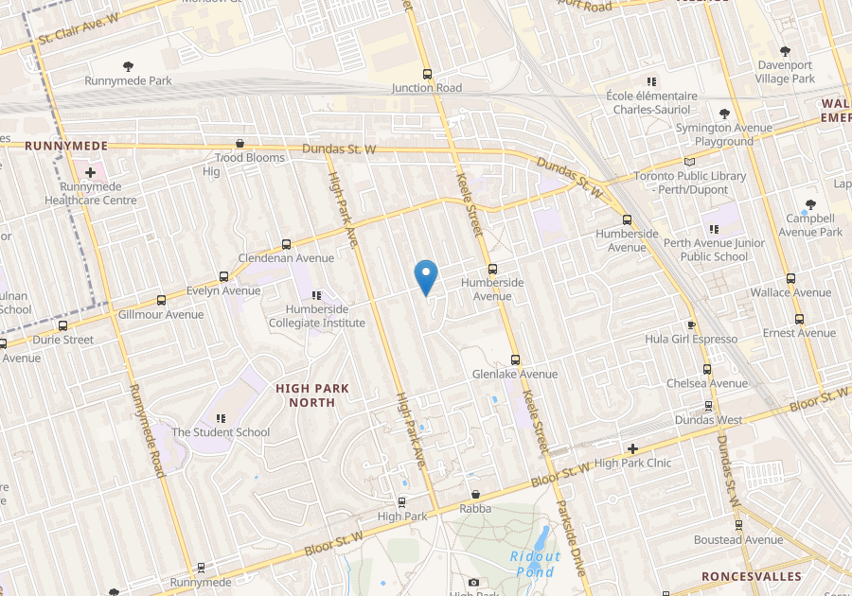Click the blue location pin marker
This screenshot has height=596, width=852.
[x=427, y=276]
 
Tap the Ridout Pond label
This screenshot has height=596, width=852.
[x=535, y=564]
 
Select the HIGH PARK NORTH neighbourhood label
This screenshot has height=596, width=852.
[x=312, y=395]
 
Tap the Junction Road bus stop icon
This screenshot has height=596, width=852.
[x=427, y=73]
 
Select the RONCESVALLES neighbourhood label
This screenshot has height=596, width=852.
[x=752, y=576]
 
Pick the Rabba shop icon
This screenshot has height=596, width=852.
[x=475, y=494]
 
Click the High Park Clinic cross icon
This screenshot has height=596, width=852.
[x=632, y=448]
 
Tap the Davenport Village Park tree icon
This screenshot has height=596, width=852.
[x=785, y=51]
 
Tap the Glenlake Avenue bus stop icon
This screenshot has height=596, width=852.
[x=515, y=359]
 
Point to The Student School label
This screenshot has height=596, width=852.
[x=221, y=432]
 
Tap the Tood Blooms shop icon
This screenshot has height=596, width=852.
[x=240, y=144]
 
